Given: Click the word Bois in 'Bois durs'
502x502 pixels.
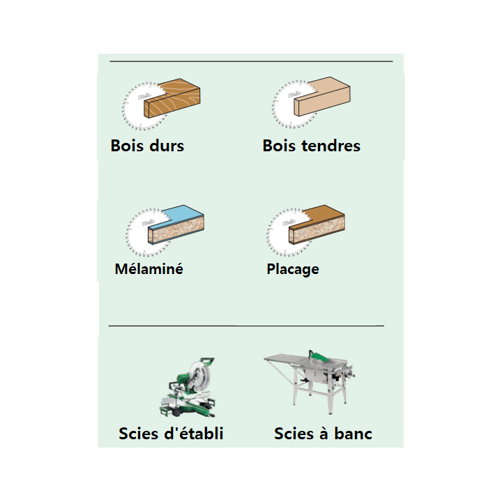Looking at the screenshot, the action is (127, 146).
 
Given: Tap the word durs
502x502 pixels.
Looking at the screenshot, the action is (167, 146).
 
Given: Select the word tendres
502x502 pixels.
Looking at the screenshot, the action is (331, 146).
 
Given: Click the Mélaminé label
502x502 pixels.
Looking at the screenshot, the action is (149, 268).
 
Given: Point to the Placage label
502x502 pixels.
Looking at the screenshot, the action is (293, 269).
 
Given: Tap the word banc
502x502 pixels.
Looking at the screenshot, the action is (353, 434).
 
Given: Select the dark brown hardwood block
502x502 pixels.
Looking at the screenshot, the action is (172, 98).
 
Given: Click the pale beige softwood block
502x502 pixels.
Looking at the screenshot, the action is (322, 96).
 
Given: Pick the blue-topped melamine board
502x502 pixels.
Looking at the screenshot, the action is (176, 225).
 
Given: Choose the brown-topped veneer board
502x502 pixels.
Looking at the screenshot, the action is (317, 225).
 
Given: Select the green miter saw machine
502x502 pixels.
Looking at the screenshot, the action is (188, 388).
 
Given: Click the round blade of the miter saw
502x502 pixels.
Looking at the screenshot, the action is (199, 376).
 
